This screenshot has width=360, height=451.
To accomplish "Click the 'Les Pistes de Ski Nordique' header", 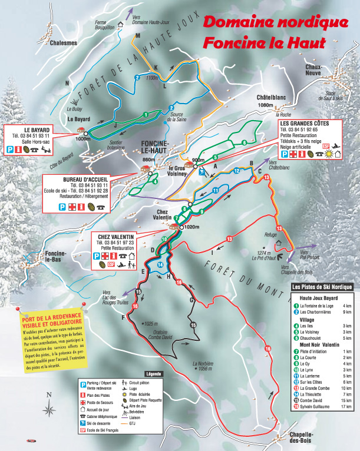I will pos(323,287).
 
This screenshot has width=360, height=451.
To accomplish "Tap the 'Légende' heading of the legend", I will pos(153,373).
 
